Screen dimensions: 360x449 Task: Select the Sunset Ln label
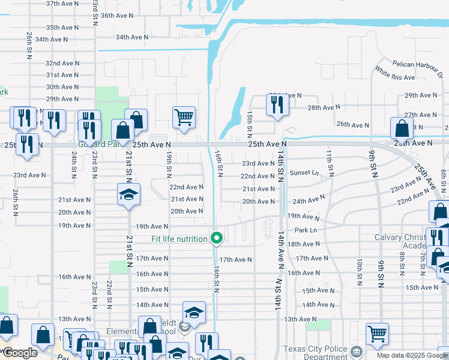(304, 173)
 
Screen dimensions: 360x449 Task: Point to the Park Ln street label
(306, 230)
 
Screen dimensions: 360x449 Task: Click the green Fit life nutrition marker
(217, 239)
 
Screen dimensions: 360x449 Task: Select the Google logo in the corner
(19, 353)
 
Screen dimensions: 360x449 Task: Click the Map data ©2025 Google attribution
(411, 355)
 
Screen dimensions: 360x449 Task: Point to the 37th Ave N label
(61, 4)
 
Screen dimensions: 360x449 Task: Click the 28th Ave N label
(324, 107)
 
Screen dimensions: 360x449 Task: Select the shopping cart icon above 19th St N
(184, 117)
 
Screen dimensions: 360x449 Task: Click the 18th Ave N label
(304, 244)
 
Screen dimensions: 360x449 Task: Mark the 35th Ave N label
(60, 28)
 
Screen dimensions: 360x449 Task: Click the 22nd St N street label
(109, 292)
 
